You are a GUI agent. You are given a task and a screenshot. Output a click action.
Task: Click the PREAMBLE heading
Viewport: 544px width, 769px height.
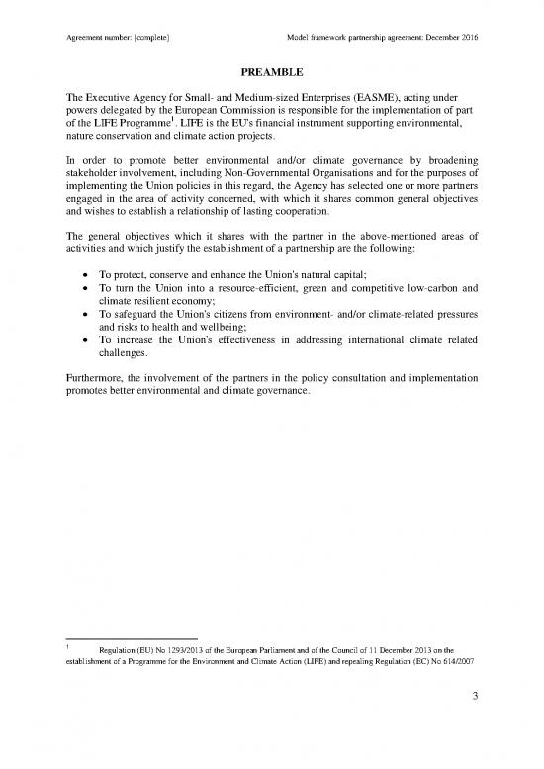[x=271, y=72]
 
